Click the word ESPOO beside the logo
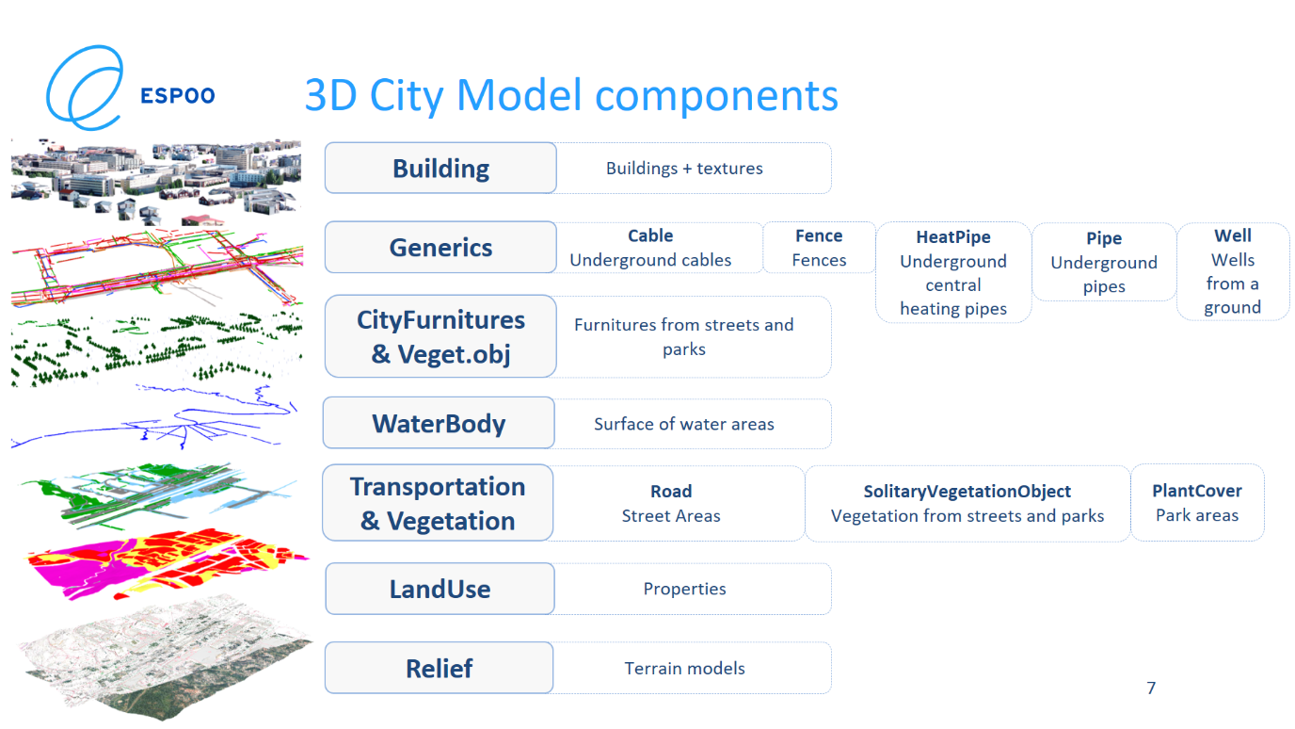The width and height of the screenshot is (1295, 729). [x=178, y=95]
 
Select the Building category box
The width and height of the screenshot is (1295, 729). [x=440, y=169]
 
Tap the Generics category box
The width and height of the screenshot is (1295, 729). [x=440, y=247]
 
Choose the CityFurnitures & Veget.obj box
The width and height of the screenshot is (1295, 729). [x=440, y=336]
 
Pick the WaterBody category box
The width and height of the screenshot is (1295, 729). [x=439, y=423]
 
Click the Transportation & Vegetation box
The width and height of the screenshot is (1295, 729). [x=438, y=503]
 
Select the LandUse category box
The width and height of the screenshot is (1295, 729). [x=440, y=589]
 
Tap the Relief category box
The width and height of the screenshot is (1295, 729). [x=440, y=668]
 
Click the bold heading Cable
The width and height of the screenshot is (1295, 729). [x=650, y=235]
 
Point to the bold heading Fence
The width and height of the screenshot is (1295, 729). [x=819, y=235]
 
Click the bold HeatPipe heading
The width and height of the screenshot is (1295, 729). [x=953, y=237]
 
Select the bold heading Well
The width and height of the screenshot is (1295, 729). [x=1233, y=235]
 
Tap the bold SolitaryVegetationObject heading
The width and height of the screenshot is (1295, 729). [x=967, y=492]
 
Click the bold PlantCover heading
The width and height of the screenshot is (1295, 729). [x=1197, y=491]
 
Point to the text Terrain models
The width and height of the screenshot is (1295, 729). [x=684, y=669]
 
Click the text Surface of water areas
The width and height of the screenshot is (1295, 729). [x=684, y=424]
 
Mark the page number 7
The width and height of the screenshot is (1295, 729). [x=1151, y=688]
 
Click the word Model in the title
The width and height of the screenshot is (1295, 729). [x=520, y=95]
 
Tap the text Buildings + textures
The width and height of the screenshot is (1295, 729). [x=684, y=169]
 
